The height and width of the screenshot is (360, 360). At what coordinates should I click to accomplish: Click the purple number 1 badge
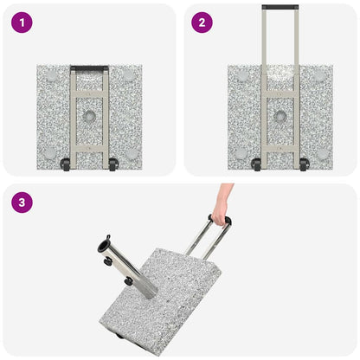tap(22, 22)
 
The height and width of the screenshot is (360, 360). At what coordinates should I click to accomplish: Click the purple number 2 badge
tap(202, 22)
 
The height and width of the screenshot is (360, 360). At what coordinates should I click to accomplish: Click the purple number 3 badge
tap(22, 202)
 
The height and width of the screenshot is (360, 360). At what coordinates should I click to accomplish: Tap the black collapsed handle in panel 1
tap(89, 67)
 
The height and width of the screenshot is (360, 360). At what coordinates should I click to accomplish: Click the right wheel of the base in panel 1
tap(112, 164)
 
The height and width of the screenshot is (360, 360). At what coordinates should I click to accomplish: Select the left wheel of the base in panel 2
tap(256, 164)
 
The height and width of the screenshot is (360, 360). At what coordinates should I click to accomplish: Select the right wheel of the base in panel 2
tap(304, 164)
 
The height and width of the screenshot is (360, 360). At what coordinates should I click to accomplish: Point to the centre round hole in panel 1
tap(89, 115)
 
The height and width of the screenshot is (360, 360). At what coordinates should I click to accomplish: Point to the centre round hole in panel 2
tap(280, 115)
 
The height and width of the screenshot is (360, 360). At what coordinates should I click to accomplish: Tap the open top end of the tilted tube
tap(105, 241)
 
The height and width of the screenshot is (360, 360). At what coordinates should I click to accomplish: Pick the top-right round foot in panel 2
tap(320, 77)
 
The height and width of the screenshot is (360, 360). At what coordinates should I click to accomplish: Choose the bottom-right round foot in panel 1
tap(131, 153)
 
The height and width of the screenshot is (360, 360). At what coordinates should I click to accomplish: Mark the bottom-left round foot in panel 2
tap(240, 153)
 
